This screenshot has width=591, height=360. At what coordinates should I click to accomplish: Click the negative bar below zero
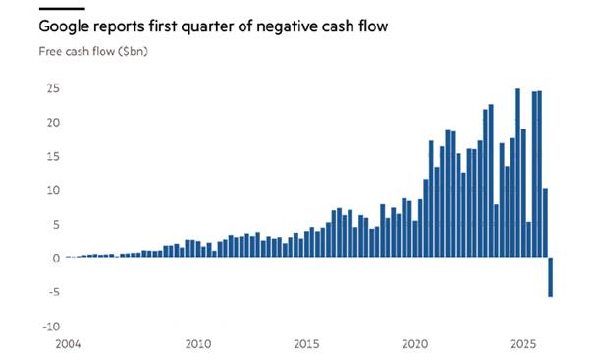[551, 278]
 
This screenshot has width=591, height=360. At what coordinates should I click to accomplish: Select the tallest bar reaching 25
[518, 173]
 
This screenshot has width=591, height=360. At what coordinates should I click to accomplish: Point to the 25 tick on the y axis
[53, 88]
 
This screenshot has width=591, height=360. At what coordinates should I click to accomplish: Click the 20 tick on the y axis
[53, 123]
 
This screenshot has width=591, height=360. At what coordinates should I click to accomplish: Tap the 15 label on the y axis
[53, 156]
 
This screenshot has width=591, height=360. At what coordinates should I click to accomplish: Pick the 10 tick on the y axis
[53, 190]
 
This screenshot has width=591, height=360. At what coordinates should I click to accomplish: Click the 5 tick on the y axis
[57, 225]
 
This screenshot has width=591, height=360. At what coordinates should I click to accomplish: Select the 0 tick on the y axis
[57, 258]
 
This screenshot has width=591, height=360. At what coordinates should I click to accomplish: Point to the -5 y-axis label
[54, 292]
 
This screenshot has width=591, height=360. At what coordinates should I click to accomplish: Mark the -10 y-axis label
[51, 326]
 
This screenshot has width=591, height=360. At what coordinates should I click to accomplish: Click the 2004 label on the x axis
[68, 344]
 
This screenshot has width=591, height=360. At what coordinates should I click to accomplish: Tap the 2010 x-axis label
[198, 344]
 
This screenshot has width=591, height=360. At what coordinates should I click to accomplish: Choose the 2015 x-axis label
[306, 344]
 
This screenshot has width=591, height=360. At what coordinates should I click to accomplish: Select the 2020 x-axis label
[415, 344]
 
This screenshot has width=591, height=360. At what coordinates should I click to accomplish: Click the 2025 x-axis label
[523, 344]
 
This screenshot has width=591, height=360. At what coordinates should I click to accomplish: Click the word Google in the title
[65, 26]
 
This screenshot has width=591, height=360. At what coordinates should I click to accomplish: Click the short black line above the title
[62, 8]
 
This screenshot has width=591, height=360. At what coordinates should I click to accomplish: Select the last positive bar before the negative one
[545, 223]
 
